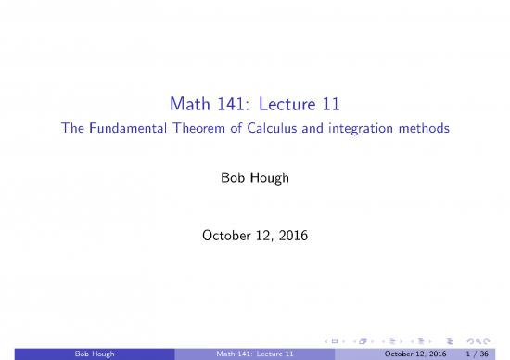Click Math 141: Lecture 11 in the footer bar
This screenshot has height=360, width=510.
pyautogui.click(x=255, y=353)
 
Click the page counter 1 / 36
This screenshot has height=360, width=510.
pyautogui.click(x=479, y=353)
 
